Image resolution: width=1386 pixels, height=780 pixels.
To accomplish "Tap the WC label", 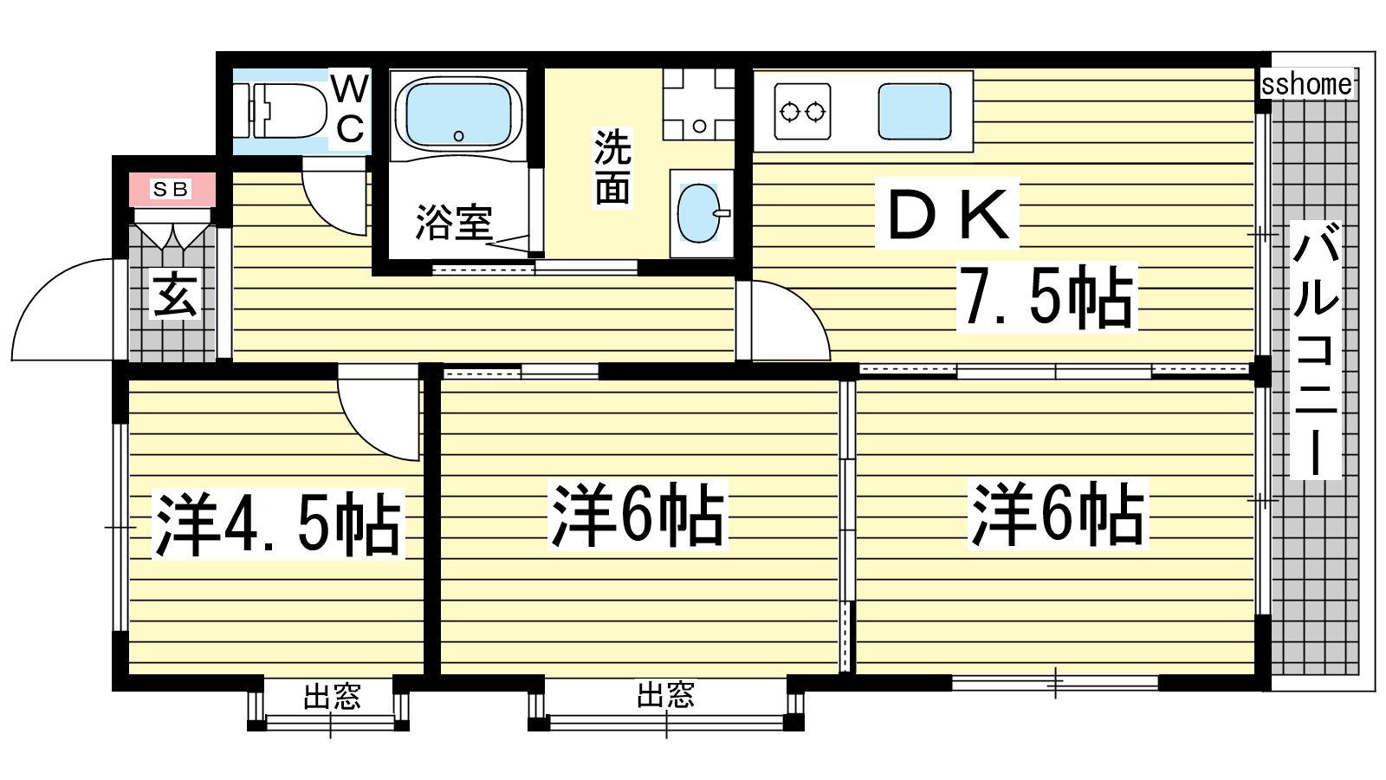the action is click(x=350, y=109).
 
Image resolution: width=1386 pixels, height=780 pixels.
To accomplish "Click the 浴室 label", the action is click(x=454, y=222).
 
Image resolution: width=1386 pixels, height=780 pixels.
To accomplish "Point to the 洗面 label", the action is click(x=612, y=167).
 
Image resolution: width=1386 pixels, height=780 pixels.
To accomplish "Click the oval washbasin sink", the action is click(x=700, y=213).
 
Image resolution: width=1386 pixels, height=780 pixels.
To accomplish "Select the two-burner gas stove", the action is click(x=802, y=112).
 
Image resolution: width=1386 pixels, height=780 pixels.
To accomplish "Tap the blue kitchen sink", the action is click(x=915, y=112).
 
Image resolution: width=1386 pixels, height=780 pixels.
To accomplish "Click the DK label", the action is click(x=948, y=214).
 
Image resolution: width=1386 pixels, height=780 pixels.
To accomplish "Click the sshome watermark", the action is click(x=1306, y=84).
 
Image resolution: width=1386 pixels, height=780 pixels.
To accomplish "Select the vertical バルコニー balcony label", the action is click(x=1315, y=350).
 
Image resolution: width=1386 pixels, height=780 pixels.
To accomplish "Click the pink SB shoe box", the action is click(x=172, y=190).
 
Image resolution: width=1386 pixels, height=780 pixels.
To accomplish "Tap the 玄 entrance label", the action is click(x=175, y=295).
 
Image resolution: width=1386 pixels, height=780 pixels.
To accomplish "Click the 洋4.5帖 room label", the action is click(x=278, y=523).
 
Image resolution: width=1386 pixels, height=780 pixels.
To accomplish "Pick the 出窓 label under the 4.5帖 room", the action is click(x=332, y=697).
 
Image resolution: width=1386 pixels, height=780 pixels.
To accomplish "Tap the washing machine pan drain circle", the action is click(x=700, y=127).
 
